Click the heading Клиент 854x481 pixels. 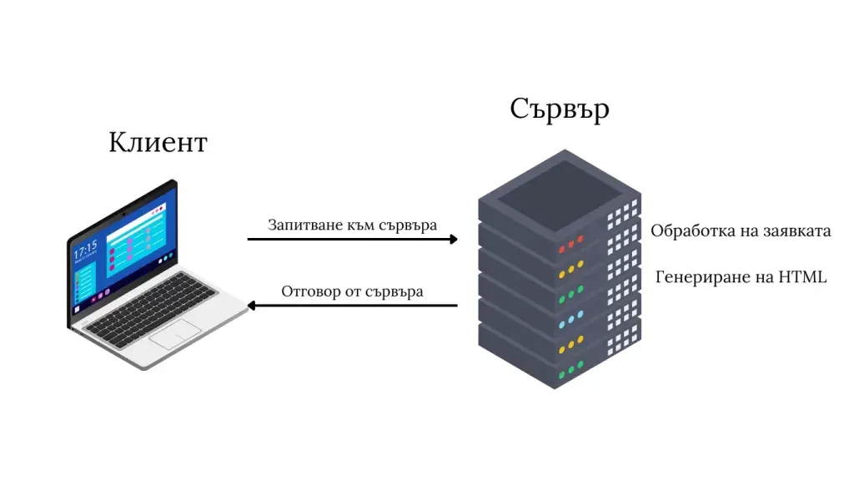tap(158, 143)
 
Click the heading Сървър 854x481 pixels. tap(559, 109)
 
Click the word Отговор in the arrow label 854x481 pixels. tap(309, 291)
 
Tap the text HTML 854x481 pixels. tap(802, 276)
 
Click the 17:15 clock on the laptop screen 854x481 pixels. tap(86, 248)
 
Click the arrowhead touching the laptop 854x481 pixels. tap(251, 306)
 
